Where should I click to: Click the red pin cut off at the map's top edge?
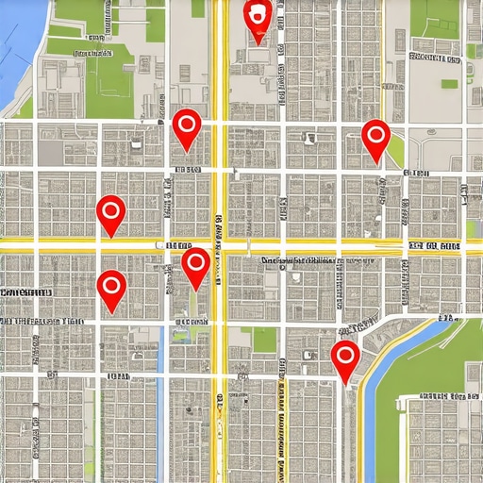point(257,16)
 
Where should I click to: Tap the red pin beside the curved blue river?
point(345,358)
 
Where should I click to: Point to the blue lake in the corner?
point(13,47)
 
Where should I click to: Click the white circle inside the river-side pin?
point(345,356)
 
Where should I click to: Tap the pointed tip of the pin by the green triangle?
point(376,162)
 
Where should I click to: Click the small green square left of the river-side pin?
point(264,340)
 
